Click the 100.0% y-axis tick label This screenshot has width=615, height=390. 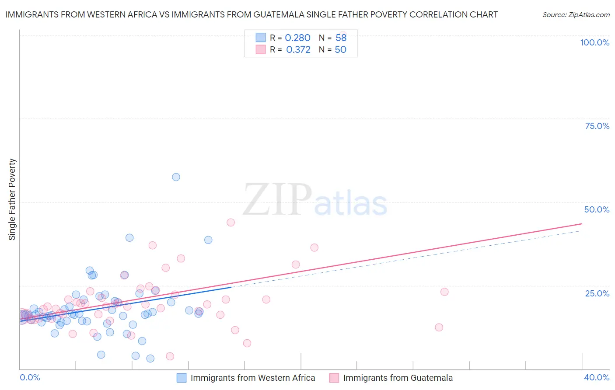click(594, 42)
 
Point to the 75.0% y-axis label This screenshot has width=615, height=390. click(597, 126)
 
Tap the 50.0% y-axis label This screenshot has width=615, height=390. click(597, 209)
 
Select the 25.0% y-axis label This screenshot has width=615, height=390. click(597, 293)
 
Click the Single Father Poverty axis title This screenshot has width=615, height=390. click(12, 199)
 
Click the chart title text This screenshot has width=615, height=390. click(252, 14)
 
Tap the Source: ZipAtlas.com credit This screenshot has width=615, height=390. click(576, 14)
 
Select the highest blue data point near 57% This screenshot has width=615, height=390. click(176, 177)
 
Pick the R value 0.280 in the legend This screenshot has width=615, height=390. click(297, 38)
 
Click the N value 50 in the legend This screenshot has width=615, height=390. click(340, 50)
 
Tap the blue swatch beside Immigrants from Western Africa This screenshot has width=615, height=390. click(182, 378)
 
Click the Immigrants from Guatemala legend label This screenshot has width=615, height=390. click(398, 378)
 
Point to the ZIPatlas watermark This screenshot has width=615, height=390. click(315, 200)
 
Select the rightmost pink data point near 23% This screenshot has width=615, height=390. click(444, 292)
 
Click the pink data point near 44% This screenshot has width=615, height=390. click(231, 223)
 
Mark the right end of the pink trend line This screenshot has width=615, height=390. click(582, 224)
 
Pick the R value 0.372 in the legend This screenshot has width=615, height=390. click(298, 50)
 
